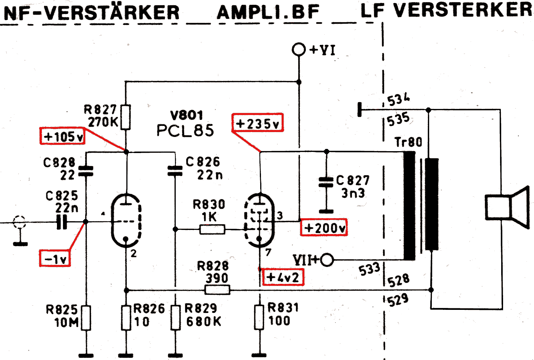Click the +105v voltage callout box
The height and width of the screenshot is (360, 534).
pos(62,136)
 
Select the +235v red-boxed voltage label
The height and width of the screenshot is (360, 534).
pos(258,123)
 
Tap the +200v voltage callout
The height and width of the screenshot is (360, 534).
pos(324,228)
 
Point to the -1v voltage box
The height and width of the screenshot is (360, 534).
pos(55,259)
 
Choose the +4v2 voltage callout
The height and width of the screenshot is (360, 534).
pos(282,277)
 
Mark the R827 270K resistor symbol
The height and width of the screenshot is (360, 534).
pos(126,117)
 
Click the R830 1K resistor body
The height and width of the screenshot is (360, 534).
pos(212,229)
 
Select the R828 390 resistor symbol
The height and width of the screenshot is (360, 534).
pos(217,290)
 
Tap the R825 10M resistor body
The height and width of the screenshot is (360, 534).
pos(86,318)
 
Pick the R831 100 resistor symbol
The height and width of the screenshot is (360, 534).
pos(259,317)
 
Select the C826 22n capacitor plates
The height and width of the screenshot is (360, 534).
pos(175,171)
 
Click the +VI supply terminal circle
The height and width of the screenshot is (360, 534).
pos(299,49)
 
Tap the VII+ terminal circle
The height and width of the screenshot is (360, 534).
pos(327,259)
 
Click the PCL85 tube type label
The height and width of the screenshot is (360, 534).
pos(185,130)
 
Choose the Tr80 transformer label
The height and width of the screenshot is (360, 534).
pos(408,142)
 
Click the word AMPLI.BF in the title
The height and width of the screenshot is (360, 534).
pos(268,12)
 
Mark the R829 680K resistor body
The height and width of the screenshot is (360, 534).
pos(175,317)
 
